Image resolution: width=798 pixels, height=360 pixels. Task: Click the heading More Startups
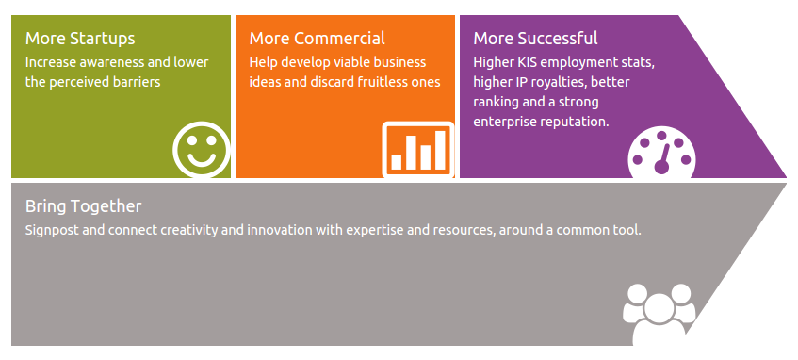pos(80,39)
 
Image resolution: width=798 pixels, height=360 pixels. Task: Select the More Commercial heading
pos(318,39)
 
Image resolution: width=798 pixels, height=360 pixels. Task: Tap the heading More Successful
pos(535,39)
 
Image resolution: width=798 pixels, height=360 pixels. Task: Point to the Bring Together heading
pos(84,206)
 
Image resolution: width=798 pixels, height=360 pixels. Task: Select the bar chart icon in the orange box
pos(418,150)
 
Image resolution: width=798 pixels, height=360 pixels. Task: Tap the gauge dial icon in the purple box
pos(661,153)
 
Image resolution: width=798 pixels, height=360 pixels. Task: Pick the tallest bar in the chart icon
pos(440,150)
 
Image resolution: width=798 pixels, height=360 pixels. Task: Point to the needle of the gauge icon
pos(663,159)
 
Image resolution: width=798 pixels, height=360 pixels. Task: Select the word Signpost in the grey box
pos(52,231)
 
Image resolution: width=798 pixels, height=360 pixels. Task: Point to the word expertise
pos(370,231)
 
